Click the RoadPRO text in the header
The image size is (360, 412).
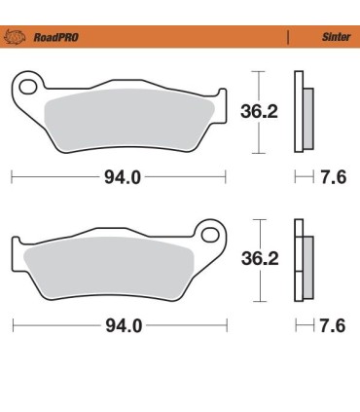coord(57,39)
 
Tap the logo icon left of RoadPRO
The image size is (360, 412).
coord(17,39)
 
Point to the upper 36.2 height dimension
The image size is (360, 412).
coord(258,112)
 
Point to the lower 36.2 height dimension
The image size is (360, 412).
coord(258,259)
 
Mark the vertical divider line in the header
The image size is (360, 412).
coord(288,39)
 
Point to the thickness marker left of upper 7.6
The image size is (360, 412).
coord(302,178)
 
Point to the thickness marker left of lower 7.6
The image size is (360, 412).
coord(302,325)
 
